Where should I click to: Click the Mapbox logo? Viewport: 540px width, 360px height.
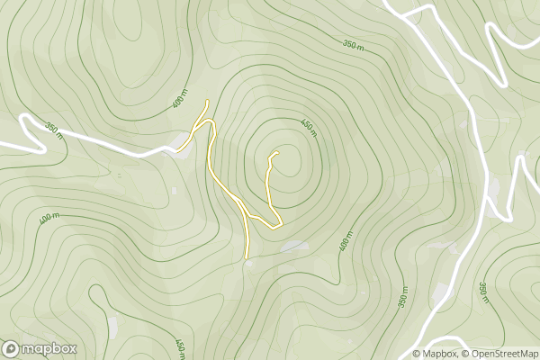pyautogui.click(x=40, y=348)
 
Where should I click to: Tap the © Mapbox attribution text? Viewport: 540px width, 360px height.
pyautogui.click(x=437, y=353)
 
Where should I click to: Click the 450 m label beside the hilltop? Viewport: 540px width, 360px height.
pyautogui.click(x=309, y=128)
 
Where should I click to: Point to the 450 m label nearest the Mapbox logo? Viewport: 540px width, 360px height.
pyautogui.click(x=180, y=347)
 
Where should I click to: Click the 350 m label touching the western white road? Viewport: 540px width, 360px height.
pyautogui.click(x=54, y=130)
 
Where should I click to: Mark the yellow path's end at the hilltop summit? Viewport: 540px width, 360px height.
pyautogui.click(x=274, y=154)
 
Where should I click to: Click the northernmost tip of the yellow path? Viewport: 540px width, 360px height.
pyautogui.click(x=208, y=101)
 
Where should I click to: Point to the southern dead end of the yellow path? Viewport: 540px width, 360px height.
pyautogui.click(x=248, y=256)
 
